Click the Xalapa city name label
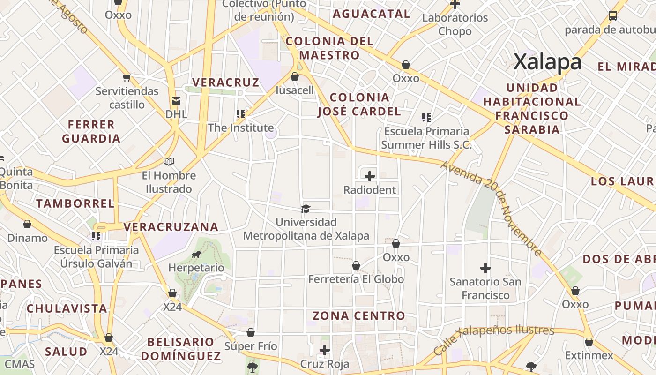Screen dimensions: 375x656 click(547, 62)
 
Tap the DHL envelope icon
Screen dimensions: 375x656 click(176, 100)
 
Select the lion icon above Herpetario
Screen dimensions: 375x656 click(196, 255)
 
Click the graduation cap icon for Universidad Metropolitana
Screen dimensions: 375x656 click(306, 209)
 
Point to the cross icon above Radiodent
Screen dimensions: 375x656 click(370, 176)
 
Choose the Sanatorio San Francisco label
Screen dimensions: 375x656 click(485, 288)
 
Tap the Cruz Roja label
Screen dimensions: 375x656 click(324, 364)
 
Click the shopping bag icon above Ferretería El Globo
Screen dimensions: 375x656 click(356, 266)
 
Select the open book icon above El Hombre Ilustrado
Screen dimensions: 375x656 click(169, 162)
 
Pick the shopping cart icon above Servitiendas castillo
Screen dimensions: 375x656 click(127, 77)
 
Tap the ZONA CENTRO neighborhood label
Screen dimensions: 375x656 click(358, 316)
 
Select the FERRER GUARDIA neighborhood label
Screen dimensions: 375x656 click(91, 131)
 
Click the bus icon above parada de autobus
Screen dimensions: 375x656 click(612, 15)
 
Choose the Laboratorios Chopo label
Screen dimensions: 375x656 click(455, 24)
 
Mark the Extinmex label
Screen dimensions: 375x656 click(589, 355)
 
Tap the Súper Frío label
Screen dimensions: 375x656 click(251, 346)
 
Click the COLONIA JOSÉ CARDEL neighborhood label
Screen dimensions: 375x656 click(359, 104)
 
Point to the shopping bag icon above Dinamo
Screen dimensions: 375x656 click(27, 224)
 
